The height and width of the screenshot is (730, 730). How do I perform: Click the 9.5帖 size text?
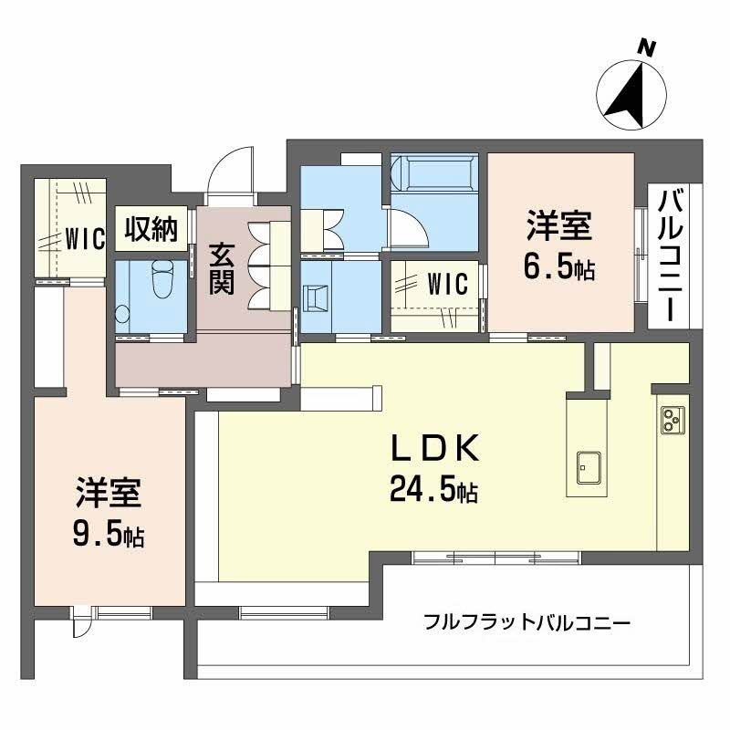point(108,534)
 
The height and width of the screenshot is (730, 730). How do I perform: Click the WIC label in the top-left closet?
point(86,238)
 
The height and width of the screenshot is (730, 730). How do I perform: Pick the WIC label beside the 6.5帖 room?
point(447,284)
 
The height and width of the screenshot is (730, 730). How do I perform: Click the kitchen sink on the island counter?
point(587,469)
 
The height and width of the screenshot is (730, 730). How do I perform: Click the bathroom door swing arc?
point(402,224)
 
